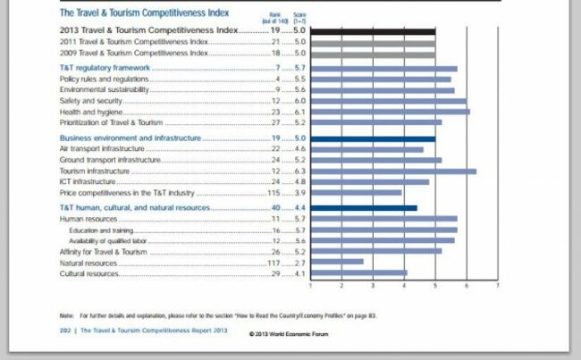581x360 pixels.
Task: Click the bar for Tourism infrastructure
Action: coord(393,171)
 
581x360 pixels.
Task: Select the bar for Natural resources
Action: coord(337,263)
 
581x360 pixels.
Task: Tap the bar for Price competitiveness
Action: coord(356,192)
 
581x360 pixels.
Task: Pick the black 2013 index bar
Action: coord(373,31)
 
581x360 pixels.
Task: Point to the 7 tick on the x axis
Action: coord(497,285)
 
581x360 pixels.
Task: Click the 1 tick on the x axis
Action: coord(311,285)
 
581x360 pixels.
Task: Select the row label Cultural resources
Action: coord(89,273)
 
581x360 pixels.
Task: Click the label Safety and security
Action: coord(92,101)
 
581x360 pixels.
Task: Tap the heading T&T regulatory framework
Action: coord(104,68)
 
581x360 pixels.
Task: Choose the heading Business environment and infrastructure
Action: coord(131,139)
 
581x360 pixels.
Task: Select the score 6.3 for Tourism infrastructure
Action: coord(299,171)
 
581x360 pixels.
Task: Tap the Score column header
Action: coord(299,14)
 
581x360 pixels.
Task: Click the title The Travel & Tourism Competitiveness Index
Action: coord(144,13)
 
